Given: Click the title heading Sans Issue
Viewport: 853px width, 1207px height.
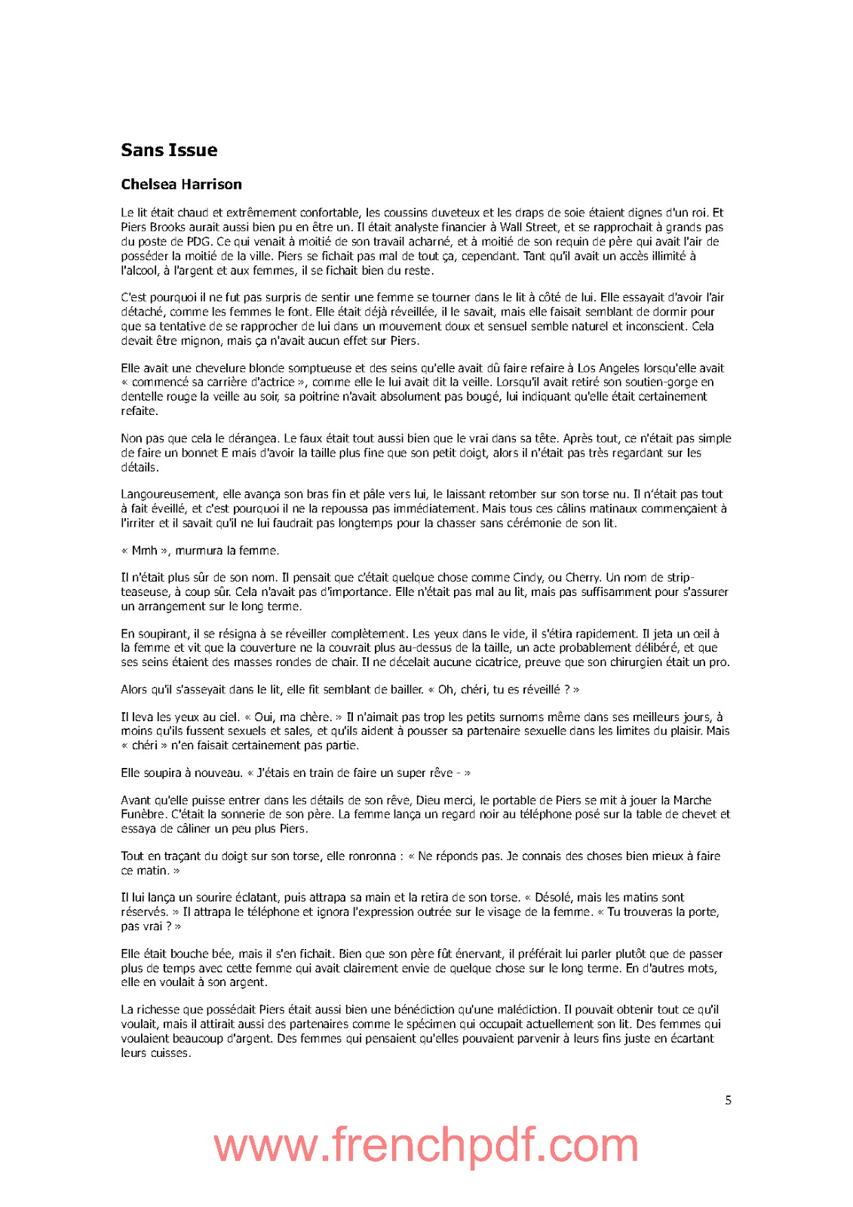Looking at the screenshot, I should tap(169, 150).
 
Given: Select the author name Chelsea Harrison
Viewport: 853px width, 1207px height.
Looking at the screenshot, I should tap(181, 184).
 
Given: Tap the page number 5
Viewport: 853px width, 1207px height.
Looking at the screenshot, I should tap(728, 1100).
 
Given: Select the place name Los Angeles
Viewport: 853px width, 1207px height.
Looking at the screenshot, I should tap(608, 368).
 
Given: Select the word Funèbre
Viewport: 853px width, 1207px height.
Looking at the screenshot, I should tap(143, 815).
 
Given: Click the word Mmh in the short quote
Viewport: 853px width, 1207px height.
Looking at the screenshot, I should tap(144, 551).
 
